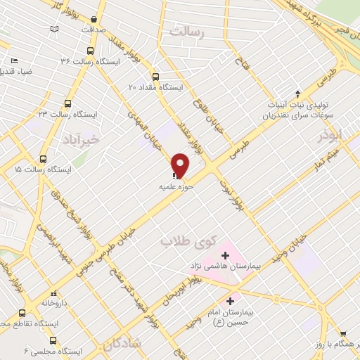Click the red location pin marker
coord(181,165)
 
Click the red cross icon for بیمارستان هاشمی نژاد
coord(226,254)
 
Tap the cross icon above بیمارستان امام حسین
coord(231,301)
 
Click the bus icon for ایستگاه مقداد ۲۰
coord(155,77)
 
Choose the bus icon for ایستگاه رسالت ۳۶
coord(89,51)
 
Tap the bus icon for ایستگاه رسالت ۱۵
coord(44,160)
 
